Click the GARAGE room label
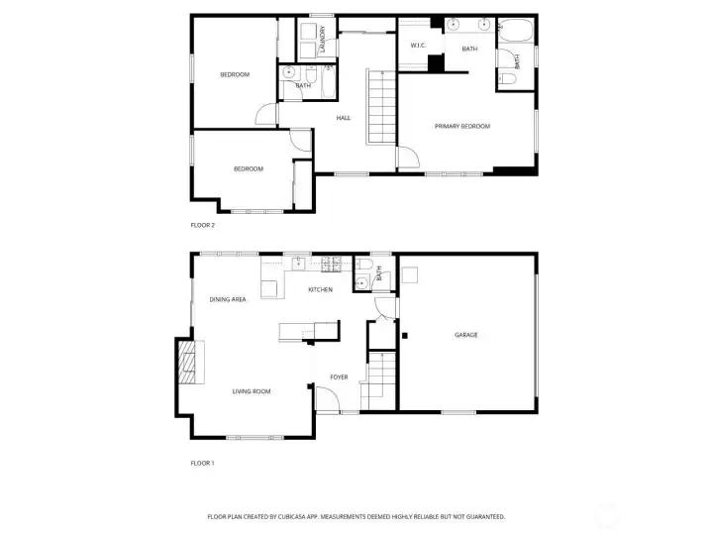(x=466, y=335)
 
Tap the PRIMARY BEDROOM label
(x=462, y=126)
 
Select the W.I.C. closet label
(x=418, y=45)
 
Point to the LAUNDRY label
(x=323, y=39)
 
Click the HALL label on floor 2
(x=344, y=118)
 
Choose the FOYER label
(x=339, y=377)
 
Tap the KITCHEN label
(x=321, y=289)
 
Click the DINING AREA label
(x=228, y=299)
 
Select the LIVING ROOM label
(x=252, y=391)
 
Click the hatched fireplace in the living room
(x=186, y=363)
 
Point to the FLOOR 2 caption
(x=202, y=225)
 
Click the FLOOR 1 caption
(x=202, y=463)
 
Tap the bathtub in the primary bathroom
(x=515, y=30)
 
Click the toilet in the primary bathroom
(x=507, y=79)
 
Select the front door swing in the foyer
(x=328, y=398)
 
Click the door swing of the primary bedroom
(x=409, y=158)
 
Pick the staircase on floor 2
(x=381, y=108)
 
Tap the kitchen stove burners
(x=331, y=265)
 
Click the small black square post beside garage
(x=405, y=336)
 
